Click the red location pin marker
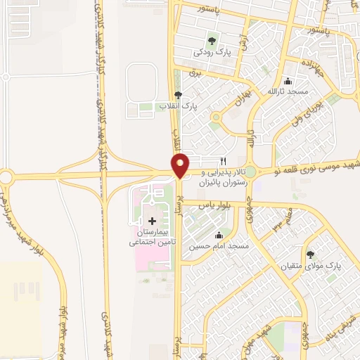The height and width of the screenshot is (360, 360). [x=181, y=165]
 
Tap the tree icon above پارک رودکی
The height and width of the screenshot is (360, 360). [x=212, y=40]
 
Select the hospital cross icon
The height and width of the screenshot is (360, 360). [x=151, y=220]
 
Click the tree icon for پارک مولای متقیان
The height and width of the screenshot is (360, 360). [x=311, y=255]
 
